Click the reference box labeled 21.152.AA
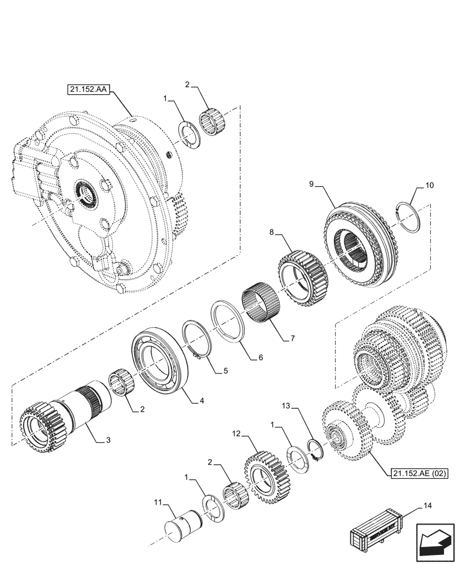click(90, 89)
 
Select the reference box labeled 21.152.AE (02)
click(418, 473)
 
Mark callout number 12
click(237, 434)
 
